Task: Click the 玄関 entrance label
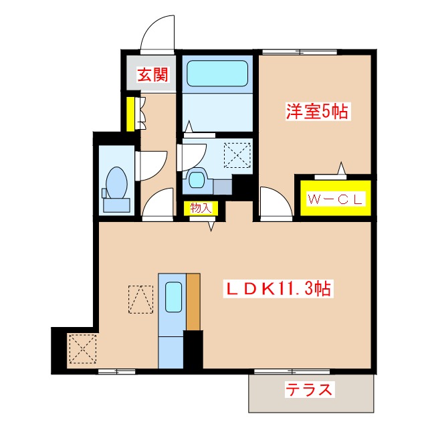pos(152,76)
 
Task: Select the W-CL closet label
pos(334,199)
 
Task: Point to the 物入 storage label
pos(200,208)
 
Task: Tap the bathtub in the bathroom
pos(213,74)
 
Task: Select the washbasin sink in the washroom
pos(197,179)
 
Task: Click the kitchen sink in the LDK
pos(173,297)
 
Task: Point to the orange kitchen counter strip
pos(193,301)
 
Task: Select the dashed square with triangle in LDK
pos(140,299)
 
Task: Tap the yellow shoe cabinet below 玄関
pos(132,114)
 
